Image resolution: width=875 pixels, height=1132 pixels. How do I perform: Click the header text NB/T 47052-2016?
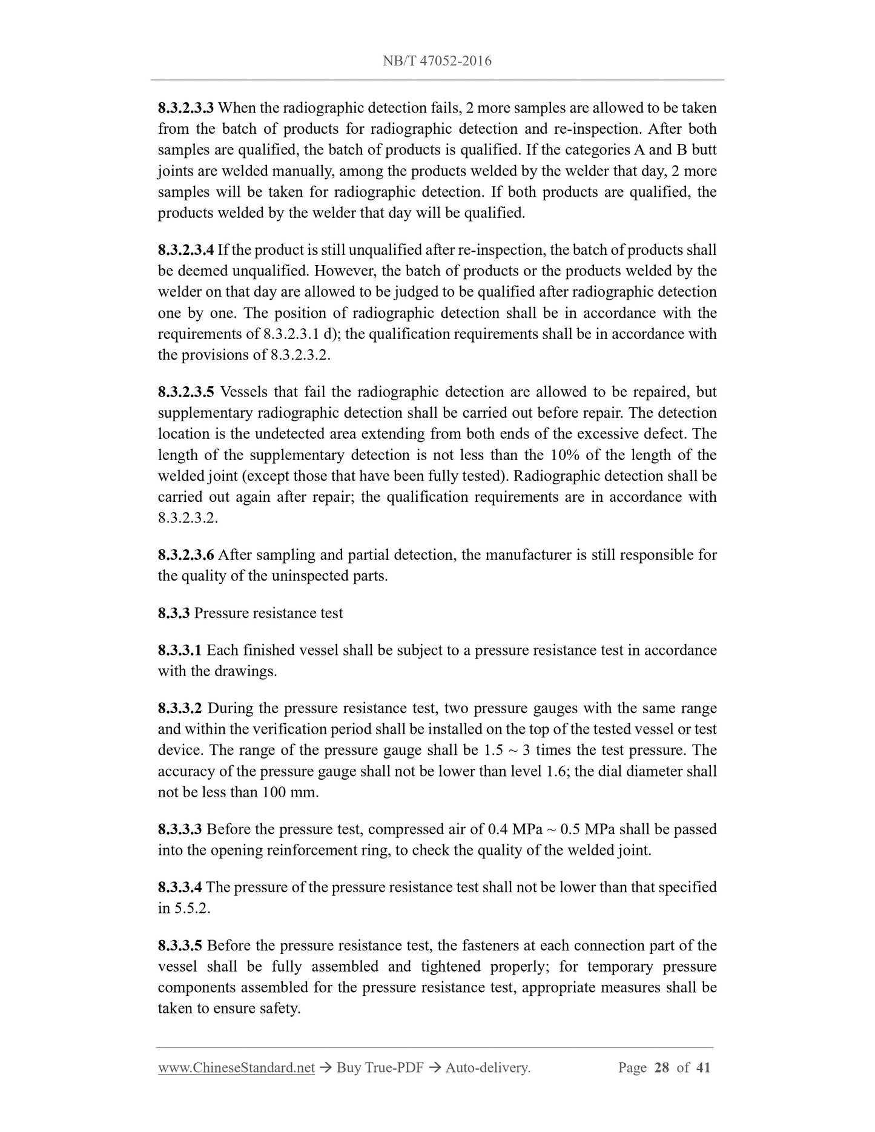tap(437, 61)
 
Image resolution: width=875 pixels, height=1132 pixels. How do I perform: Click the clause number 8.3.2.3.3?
tap(186, 108)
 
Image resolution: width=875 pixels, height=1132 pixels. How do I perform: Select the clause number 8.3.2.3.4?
tap(186, 250)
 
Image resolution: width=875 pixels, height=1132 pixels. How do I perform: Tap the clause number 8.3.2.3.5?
tap(186, 392)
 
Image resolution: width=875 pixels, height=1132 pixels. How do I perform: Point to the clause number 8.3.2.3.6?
tap(186, 555)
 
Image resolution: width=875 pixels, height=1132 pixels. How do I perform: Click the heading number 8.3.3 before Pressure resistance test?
tap(174, 613)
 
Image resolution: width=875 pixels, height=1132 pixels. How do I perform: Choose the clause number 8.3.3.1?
tap(180, 651)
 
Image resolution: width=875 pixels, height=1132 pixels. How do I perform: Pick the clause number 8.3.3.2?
tap(180, 709)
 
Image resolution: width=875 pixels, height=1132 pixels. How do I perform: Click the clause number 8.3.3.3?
tap(180, 829)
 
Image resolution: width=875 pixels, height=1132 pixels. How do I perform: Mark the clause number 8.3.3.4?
tap(180, 887)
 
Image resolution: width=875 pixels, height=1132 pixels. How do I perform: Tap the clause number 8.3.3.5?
tap(180, 946)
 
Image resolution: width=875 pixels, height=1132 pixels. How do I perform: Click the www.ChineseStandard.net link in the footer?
tap(236, 1068)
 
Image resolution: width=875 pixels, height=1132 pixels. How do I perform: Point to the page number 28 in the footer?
tap(662, 1068)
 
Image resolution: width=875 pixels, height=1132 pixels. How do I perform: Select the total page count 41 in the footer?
tap(703, 1068)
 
